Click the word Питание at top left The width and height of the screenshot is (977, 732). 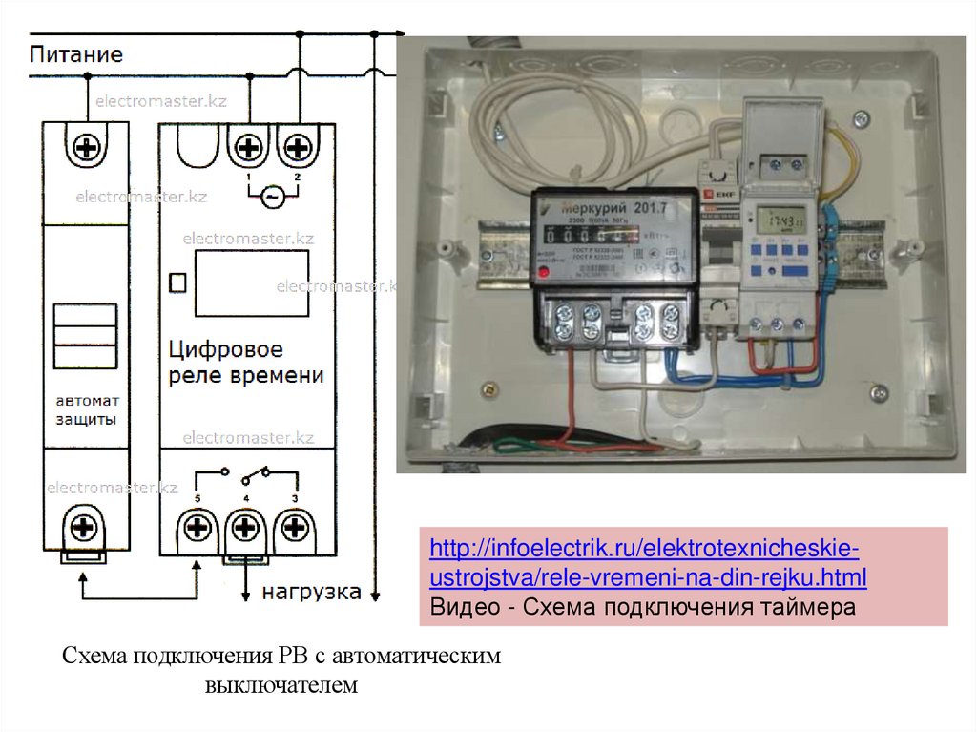click(75, 53)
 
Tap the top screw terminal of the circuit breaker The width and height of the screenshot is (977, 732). click(88, 147)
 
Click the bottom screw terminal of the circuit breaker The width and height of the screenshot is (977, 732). click(83, 528)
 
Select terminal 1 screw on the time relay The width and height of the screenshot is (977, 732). click(248, 147)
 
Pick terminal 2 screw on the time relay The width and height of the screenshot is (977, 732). click(297, 147)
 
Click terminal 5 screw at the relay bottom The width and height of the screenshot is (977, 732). click(197, 528)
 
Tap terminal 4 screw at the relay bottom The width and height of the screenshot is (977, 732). click(246, 528)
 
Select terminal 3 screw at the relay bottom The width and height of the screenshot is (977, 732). click(295, 528)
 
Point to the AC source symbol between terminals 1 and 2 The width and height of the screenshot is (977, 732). click(272, 197)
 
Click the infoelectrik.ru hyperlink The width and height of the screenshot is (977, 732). click(648, 563)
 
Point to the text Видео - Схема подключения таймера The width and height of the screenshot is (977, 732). click(642, 608)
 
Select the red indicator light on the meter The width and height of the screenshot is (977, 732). click(545, 273)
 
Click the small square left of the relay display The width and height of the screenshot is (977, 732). click(176, 282)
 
